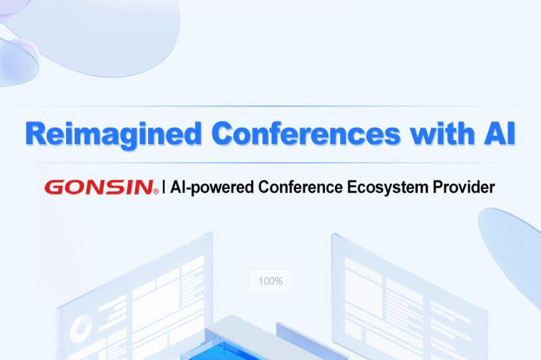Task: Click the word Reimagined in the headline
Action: (113, 134)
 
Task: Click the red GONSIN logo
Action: (99, 187)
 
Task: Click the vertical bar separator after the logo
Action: (163, 187)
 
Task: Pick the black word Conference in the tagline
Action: (300, 187)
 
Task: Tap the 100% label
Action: (270, 281)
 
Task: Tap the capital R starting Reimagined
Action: (35, 134)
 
